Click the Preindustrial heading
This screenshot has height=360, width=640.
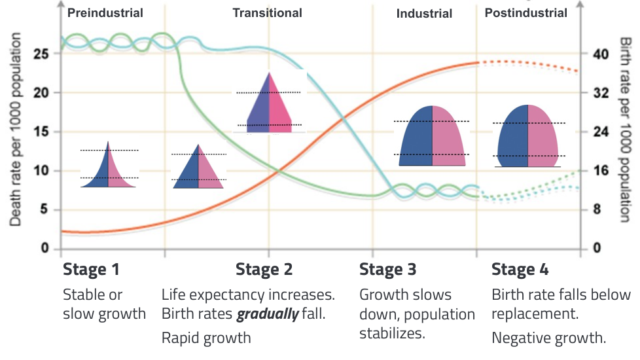[x=105, y=12]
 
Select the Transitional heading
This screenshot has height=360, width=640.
[x=268, y=12]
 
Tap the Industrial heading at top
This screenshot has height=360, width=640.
[x=424, y=13]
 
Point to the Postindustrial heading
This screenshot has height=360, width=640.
[x=526, y=12]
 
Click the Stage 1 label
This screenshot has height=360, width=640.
[x=91, y=269]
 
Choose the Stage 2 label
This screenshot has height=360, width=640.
[x=264, y=269]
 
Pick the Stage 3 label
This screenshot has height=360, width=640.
[x=387, y=269]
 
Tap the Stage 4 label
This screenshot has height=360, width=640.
[x=520, y=269]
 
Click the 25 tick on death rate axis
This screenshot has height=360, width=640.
[x=41, y=54]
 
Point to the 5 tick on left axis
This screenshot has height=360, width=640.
[x=44, y=210]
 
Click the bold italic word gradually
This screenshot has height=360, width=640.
[x=267, y=314]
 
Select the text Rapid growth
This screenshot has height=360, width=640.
[x=206, y=338]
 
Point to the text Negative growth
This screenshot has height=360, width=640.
[x=548, y=338]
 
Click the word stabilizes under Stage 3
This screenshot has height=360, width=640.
[x=392, y=333]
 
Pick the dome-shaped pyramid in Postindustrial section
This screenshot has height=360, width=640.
[x=527, y=136]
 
